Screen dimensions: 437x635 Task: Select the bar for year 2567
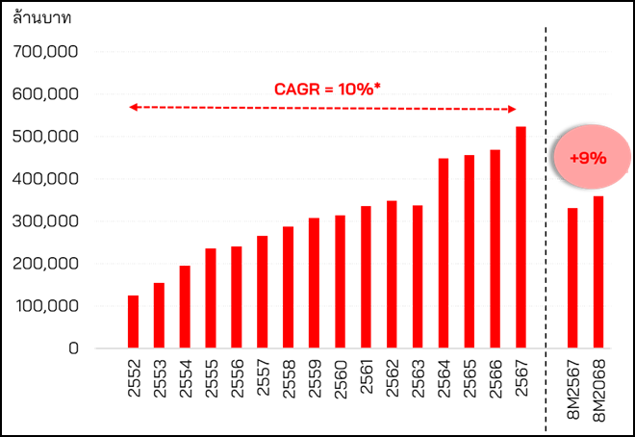click(521, 237)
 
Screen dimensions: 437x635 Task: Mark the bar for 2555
click(211, 297)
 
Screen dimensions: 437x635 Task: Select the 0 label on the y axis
click(73, 348)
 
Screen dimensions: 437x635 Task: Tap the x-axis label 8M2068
click(598, 389)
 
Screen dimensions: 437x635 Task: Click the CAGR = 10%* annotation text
click(328, 89)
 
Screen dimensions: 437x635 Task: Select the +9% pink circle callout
click(587, 157)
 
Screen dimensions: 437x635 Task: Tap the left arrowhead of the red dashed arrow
click(133, 107)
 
